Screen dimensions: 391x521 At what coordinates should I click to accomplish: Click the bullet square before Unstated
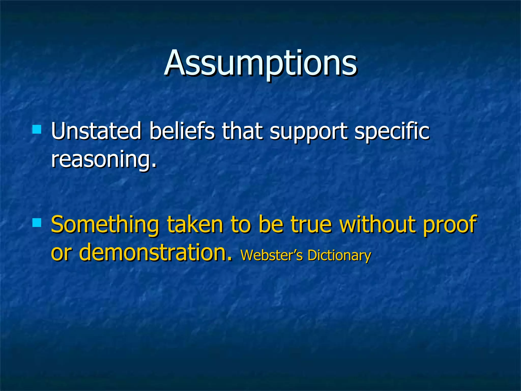(x=37, y=129)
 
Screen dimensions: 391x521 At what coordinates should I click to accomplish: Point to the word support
(x=308, y=132)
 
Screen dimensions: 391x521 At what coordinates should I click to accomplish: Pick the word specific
(x=392, y=132)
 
